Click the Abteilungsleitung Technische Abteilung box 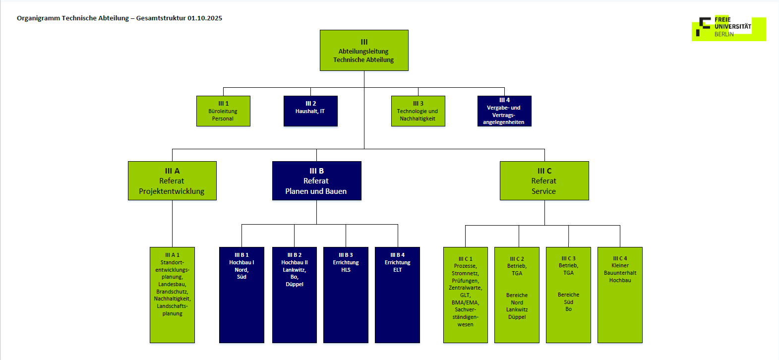[x=364, y=50]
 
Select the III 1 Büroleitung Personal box [x=223, y=111]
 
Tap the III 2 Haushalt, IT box [x=310, y=111]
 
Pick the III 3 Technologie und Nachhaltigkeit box [x=418, y=111]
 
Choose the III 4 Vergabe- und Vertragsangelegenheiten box [x=504, y=111]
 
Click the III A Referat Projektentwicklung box [x=172, y=181]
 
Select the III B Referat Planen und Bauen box [x=316, y=181]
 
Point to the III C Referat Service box [x=544, y=181]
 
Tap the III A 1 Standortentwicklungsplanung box [x=172, y=295]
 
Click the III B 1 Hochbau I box [x=241, y=295]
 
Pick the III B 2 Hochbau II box [x=294, y=295]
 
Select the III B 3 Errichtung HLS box [x=346, y=295]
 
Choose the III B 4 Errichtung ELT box [x=397, y=295]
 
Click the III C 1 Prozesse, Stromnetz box [x=465, y=295]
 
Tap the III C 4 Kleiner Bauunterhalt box [x=620, y=295]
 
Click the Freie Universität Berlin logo [x=728, y=28]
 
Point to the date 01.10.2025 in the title [x=205, y=18]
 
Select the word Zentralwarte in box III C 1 [x=465, y=288]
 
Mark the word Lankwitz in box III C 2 [x=517, y=309]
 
